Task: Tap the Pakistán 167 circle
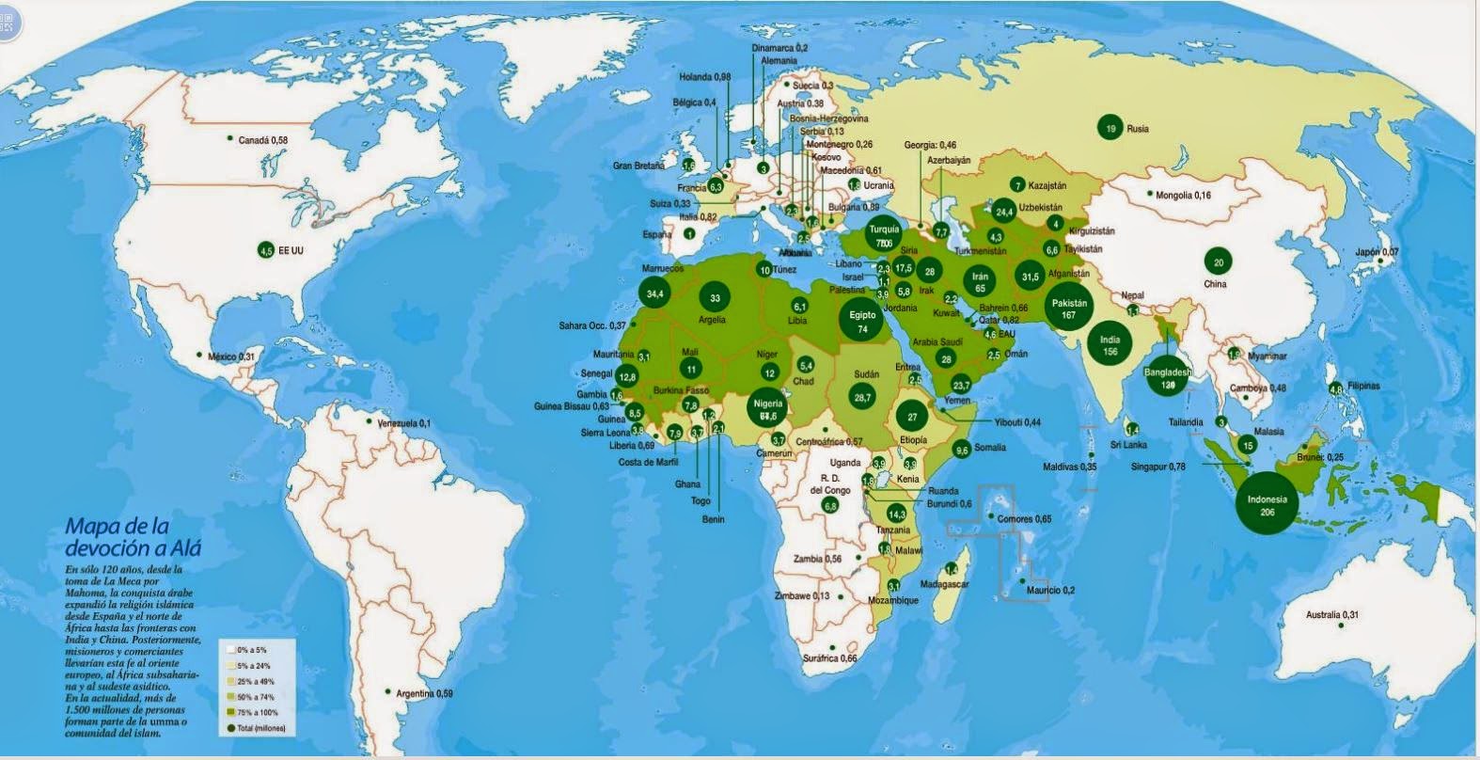click(1069, 309)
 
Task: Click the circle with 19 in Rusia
click(1110, 129)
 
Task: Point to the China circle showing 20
click(1219, 263)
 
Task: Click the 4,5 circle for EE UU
click(266, 250)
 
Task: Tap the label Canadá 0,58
click(262, 140)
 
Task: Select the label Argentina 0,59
click(423, 694)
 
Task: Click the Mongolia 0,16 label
click(1183, 196)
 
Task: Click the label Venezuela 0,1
click(402, 424)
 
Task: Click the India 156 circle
click(1110, 345)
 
